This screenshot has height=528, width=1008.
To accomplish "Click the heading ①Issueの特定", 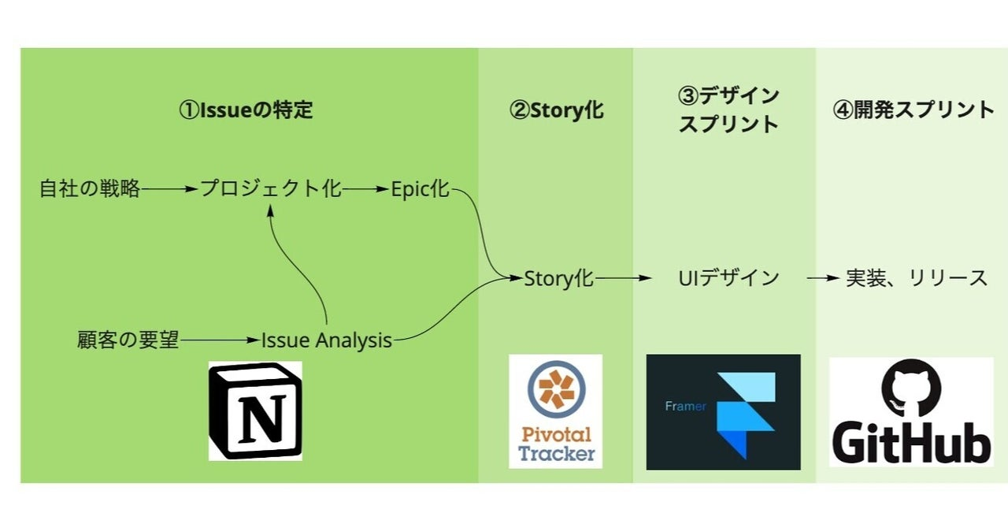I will (x=246, y=110).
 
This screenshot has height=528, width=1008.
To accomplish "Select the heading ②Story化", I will (x=556, y=110).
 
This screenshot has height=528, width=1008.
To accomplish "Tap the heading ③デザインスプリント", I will (x=728, y=110).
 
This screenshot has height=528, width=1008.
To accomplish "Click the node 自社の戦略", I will (x=90, y=189).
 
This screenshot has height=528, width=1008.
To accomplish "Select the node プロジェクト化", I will (x=270, y=189).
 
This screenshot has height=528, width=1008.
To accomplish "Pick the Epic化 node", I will (x=420, y=189).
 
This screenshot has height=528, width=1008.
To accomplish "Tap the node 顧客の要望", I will (x=128, y=340).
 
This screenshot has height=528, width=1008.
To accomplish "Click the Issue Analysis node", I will (x=327, y=340).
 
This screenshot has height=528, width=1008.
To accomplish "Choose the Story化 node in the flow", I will (x=559, y=277).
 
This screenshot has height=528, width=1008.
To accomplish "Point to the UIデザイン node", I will (x=728, y=277).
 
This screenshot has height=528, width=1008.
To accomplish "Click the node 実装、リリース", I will (x=917, y=277).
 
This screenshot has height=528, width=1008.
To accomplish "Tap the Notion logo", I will (x=255, y=411).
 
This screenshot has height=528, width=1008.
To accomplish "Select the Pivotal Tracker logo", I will (x=555, y=411).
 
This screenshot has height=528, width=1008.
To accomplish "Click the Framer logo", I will (x=723, y=411).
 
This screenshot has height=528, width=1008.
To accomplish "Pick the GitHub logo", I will (x=911, y=411).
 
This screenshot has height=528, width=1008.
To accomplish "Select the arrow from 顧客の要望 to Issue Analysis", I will (x=220, y=340).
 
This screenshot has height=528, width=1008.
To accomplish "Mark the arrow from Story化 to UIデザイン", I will (x=624, y=277).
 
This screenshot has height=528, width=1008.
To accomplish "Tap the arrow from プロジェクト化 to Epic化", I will (x=366, y=189).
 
